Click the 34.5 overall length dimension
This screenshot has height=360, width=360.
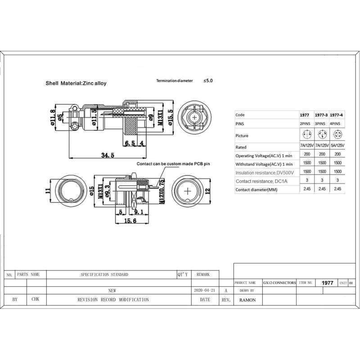tap(107, 155)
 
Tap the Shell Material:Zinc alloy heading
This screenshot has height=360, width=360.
tap(76, 83)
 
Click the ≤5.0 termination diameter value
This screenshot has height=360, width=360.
tap(208, 81)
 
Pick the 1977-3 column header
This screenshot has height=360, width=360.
tap(320, 115)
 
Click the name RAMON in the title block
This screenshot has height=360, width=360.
tap(247, 300)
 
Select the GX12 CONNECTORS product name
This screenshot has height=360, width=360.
tap(279, 283)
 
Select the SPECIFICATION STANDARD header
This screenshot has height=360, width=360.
tap(104, 274)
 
